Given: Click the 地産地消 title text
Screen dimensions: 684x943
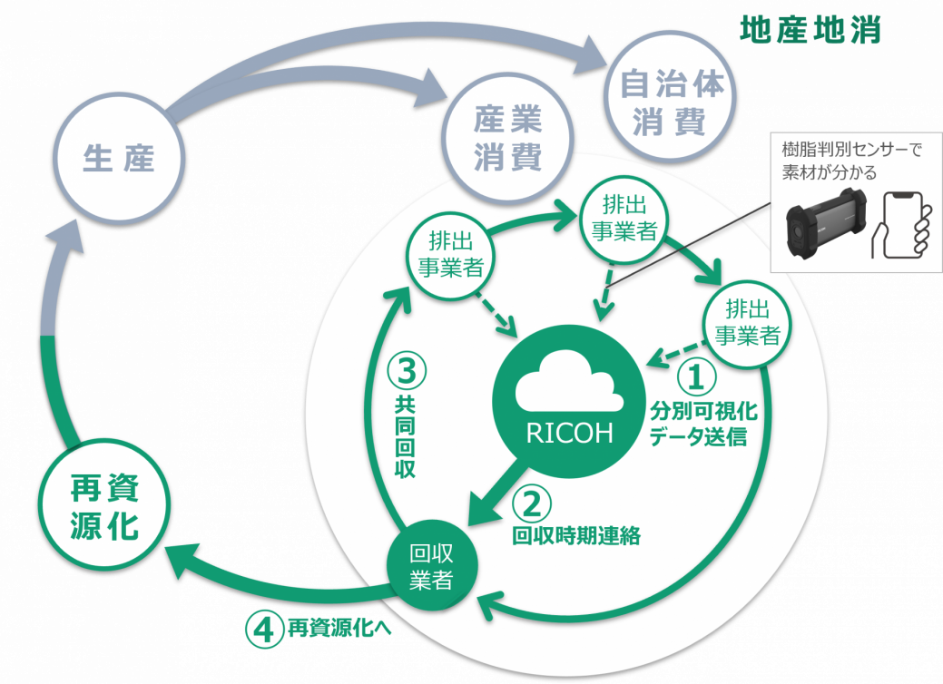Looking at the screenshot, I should tap(810, 30).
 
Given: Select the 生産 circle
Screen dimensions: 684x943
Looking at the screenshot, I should tap(119, 159).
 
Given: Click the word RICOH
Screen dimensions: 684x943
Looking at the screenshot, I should tap(569, 434).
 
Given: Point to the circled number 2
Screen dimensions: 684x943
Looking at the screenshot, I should tap(532, 503).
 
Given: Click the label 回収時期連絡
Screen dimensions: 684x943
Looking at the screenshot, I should tap(576, 536).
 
